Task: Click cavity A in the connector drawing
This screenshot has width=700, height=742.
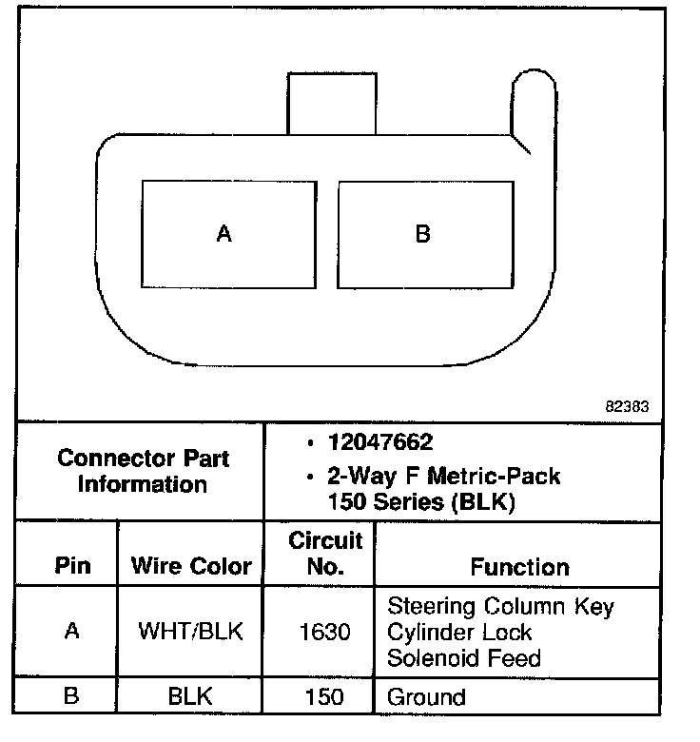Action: [227, 233]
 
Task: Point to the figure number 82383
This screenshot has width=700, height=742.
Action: [627, 405]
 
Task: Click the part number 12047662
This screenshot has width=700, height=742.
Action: [380, 442]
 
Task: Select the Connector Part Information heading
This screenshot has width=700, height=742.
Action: [143, 471]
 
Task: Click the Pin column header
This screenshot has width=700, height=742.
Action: [73, 566]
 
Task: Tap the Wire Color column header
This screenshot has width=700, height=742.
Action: [191, 566]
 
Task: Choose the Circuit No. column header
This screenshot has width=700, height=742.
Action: [325, 554]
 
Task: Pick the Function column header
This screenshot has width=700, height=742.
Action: [519, 567]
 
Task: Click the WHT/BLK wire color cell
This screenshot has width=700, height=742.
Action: [191, 632]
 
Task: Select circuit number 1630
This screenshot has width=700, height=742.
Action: [325, 632]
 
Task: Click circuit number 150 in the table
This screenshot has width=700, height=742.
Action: [325, 697]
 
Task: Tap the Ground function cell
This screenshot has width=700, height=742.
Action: [426, 697]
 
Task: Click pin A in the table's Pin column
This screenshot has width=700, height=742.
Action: [72, 632]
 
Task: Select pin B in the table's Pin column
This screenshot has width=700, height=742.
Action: [72, 696]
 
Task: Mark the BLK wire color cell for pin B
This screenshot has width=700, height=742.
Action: [189, 696]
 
